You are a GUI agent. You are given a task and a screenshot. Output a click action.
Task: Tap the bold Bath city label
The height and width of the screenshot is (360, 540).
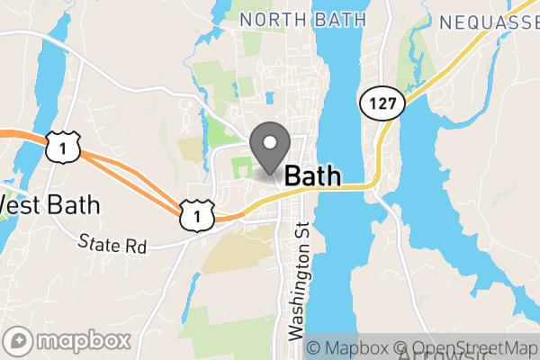(x=312, y=175)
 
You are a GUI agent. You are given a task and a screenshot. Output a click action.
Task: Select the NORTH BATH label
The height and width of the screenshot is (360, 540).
(x=303, y=19)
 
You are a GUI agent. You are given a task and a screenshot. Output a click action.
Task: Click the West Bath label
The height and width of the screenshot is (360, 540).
(x=49, y=205)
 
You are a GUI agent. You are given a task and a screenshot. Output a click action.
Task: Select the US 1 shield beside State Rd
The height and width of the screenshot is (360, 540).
(x=195, y=213)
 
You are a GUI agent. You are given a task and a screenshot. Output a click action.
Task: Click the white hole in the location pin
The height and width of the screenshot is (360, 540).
(x=269, y=141)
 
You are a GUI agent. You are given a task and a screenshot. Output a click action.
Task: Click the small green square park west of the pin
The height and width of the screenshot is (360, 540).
(x=241, y=166)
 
